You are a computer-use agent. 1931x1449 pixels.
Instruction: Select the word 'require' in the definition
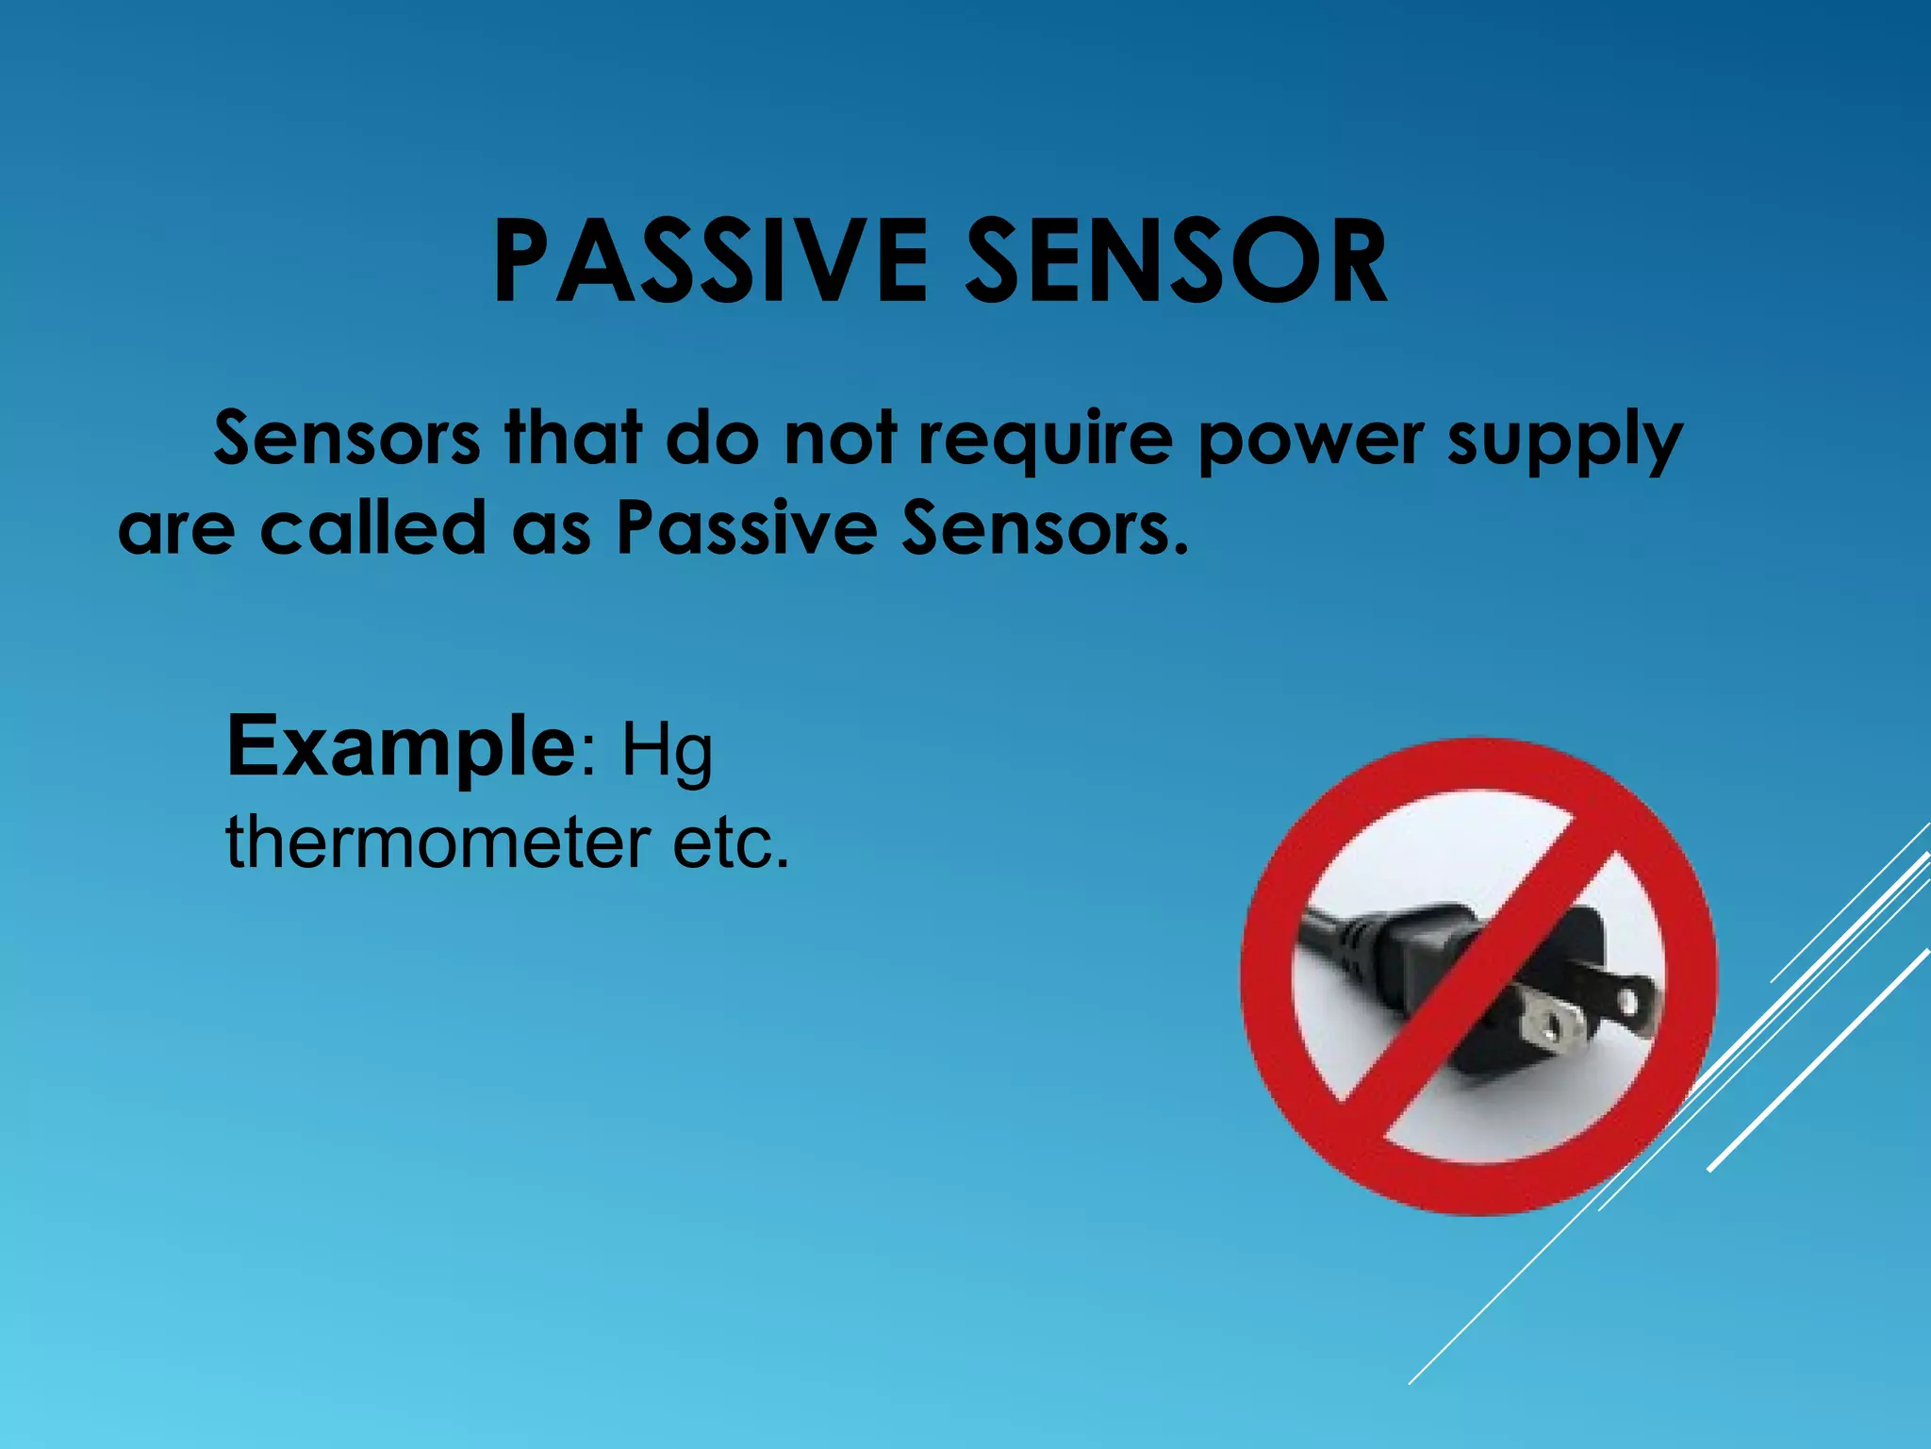click(x=1047, y=440)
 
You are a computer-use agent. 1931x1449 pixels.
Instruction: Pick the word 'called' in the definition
click(x=372, y=527)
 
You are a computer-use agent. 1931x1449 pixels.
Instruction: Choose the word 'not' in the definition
click(x=839, y=440)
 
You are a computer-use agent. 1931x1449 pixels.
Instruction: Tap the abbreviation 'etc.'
click(x=731, y=841)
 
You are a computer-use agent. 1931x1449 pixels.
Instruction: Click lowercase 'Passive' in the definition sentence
click(x=746, y=527)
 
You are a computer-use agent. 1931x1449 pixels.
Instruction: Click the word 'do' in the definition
click(x=712, y=438)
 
